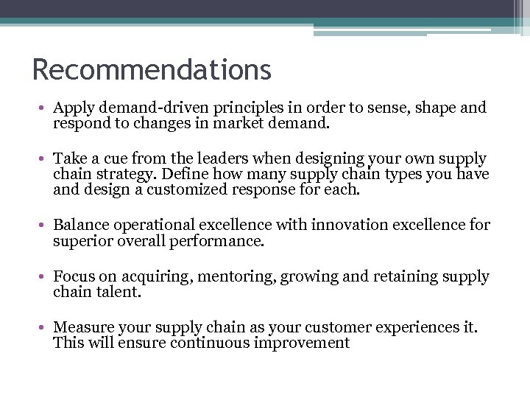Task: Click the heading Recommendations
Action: [x=152, y=70]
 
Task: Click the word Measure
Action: [x=82, y=327]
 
